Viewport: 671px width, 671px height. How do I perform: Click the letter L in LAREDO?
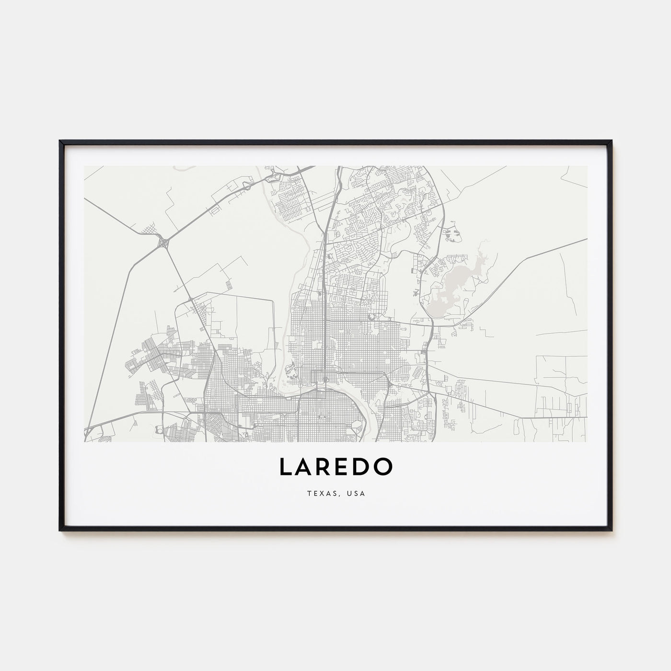286,467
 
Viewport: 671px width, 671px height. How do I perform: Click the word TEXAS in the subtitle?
319,493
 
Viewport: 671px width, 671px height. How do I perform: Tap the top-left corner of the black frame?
60,141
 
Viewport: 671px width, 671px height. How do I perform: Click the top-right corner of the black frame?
612,141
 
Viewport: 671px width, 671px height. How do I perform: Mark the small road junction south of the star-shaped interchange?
192,301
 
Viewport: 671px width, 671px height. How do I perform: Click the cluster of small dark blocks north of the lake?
451,234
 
